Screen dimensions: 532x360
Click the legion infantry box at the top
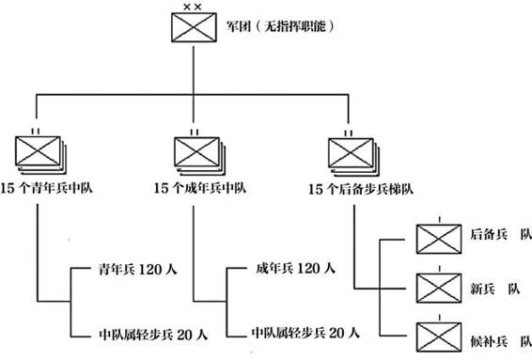pyautogui.click(x=194, y=27)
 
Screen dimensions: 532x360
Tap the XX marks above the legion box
pyautogui.click(x=192, y=7)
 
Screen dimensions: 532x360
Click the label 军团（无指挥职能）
pyautogui.click(x=281, y=26)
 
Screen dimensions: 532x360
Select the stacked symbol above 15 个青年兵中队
pyautogui.click(x=40, y=155)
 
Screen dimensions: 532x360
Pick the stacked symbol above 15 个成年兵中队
pyautogui.click(x=199, y=156)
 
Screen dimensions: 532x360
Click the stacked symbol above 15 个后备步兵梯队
pyautogui.click(x=353, y=157)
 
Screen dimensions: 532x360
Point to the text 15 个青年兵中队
pyautogui.click(x=46, y=188)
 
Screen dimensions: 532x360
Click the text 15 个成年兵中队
pyautogui.click(x=200, y=188)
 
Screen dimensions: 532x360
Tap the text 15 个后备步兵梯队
pyautogui.click(x=361, y=189)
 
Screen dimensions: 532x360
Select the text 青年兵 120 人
pyautogui.click(x=138, y=270)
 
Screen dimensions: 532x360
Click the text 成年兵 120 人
pyautogui.click(x=295, y=269)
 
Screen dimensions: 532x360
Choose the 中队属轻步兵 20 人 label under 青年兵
pyautogui.click(x=153, y=335)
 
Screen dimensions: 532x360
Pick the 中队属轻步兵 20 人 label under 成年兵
pyautogui.click(x=305, y=333)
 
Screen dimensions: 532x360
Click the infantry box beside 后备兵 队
pyautogui.click(x=439, y=239)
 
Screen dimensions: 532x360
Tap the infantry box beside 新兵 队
pyautogui.click(x=439, y=288)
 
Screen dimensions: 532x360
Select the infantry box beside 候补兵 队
pyautogui.click(x=439, y=337)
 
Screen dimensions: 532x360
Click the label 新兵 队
pyautogui.click(x=495, y=289)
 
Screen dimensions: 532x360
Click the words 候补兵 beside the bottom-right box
pyautogui.click(x=489, y=341)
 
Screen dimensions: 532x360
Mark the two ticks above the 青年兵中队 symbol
pyautogui.click(x=36, y=132)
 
